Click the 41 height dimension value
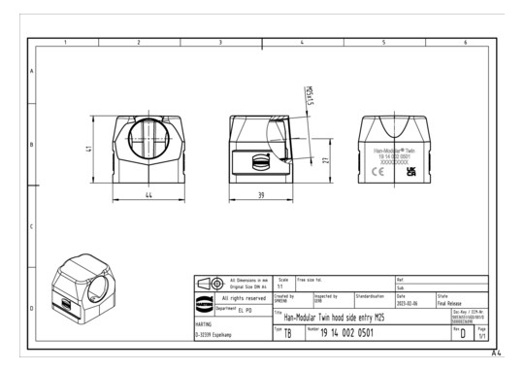[x=90, y=150]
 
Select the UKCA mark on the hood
[x=410, y=171]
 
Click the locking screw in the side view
[x=260, y=161]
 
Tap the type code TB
[x=287, y=333]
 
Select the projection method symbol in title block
[x=211, y=282]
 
